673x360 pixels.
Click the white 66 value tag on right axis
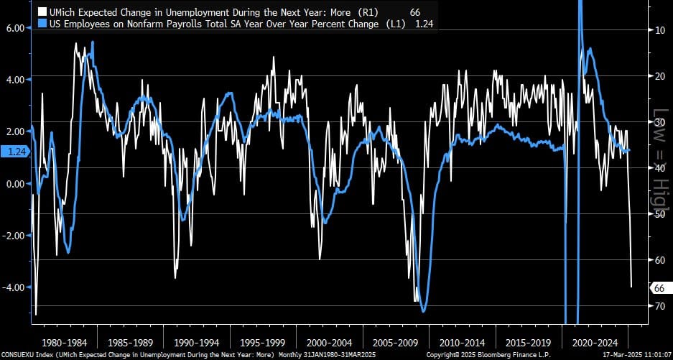coord(658,288)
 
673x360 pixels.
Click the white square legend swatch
coord(42,12)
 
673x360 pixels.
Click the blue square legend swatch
coord(42,24)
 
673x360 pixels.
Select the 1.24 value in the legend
coord(424,24)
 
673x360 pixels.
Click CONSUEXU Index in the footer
coord(29,355)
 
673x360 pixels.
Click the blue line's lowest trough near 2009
coord(424,311)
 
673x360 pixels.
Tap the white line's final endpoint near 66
coord(631,287)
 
